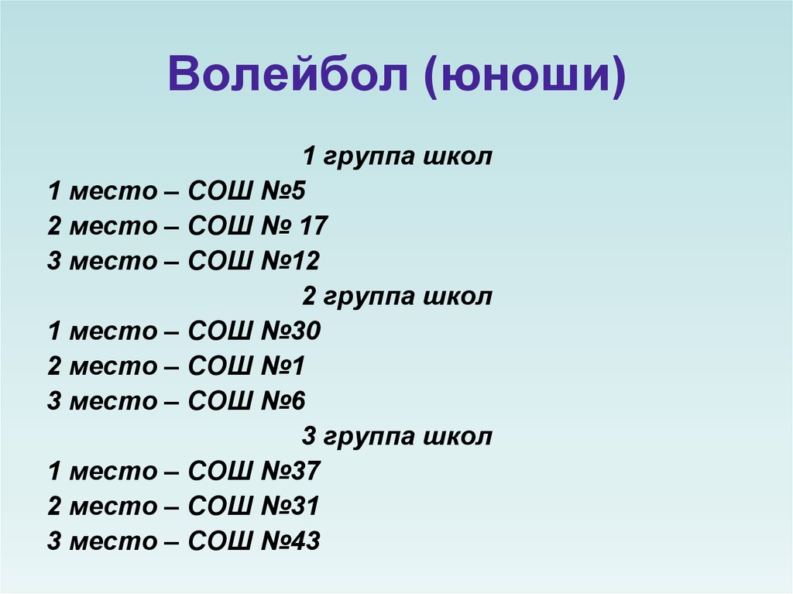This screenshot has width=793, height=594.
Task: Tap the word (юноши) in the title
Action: pos(524,80)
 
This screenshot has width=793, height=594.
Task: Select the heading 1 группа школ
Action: pos(396,157)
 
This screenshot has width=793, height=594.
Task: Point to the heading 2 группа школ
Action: pos(396,297)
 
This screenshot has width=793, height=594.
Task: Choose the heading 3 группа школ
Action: pos(396,437)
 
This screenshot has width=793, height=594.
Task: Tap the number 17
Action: pos(313,227)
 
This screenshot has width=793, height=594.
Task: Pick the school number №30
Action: pos(292,331)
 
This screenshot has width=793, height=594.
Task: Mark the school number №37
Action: pos(292,472)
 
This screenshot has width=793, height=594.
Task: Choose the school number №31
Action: pos(292,506)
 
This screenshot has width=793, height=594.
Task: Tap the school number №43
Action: pos(292,541)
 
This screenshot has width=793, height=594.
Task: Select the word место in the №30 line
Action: pos(112,331)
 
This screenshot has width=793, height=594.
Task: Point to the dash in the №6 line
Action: pos(171,401)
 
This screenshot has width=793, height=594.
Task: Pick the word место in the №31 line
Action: pos(112,506)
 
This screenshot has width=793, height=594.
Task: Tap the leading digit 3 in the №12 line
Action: pos(53,262)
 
